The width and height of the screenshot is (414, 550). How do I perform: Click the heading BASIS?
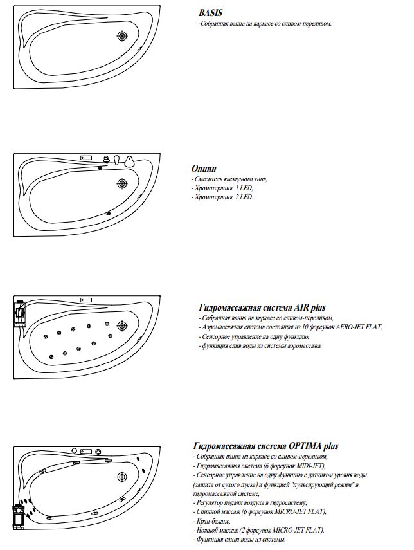(211, 13)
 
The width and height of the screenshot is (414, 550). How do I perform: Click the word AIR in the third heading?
(284, 308)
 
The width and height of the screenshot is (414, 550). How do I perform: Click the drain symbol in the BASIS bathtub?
(122, 37)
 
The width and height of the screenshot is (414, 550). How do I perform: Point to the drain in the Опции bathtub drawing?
(122, 184)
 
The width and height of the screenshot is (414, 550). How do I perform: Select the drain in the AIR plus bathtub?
(122, 327)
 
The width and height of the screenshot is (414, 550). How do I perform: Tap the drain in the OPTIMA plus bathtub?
(122, 477)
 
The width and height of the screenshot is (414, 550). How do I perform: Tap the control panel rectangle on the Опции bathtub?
(86, 157)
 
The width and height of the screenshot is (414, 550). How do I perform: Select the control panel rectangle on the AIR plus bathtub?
(86, 300)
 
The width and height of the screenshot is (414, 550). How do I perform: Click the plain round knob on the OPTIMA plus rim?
(74, 451)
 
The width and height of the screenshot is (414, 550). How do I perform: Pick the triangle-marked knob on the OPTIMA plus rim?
(98, 451)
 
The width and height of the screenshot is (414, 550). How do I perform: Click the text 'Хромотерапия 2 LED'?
(223, 197)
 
